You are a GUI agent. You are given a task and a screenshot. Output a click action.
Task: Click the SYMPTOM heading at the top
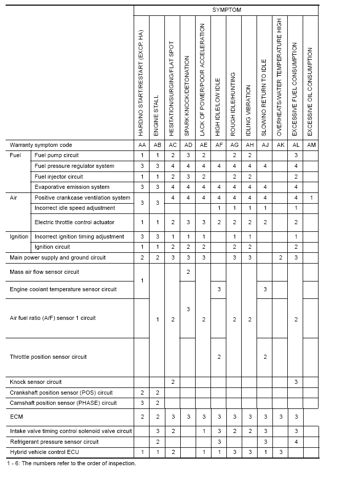pyautogui.click(x=226, y=10)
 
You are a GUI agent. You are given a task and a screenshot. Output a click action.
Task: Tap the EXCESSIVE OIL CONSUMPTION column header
pyautogui.click(x=310, y=92)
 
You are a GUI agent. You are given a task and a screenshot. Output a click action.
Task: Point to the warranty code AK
pyautogui.click(x=280, y=145)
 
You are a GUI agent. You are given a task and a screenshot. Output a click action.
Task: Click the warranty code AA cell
pyautogui.click(x=142, y=145)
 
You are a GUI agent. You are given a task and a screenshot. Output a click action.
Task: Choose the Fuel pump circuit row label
pyautogui.click(x=57, y=155)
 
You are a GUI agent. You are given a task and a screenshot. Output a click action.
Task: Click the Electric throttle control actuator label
pyautogui.click(x=75, y=222)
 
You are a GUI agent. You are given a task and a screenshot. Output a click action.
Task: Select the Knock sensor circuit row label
pyautogui.click(x=36, y=382)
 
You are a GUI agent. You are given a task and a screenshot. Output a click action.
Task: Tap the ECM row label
pyautogui.click(x=16, y=417)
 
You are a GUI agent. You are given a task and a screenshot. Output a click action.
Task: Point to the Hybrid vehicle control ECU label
pyautogui.click(x=45, y=452)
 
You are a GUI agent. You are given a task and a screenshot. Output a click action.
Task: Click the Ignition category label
pyautogui.click(x=19, y=236)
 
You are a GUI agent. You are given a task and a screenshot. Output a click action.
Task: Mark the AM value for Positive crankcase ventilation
pyautogui.click(x=311, y=198)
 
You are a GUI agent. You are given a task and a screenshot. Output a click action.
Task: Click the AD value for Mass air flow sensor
pyautogui.click(x=188, y=272)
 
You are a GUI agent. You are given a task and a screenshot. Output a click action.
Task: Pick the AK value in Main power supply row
pyautogui.click(x=280, y=257)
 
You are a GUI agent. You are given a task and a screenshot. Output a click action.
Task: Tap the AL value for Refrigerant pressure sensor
pyautogui.click(x=295, y=442)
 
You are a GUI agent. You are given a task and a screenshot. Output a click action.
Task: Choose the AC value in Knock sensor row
pyautogui.click(x=173, y=382)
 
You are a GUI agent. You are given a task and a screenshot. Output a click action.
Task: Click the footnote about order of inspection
pyautogui.click(x=72, y=464)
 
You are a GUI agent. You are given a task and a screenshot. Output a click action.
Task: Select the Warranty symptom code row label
pyautogui.click(x=41, y=145)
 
